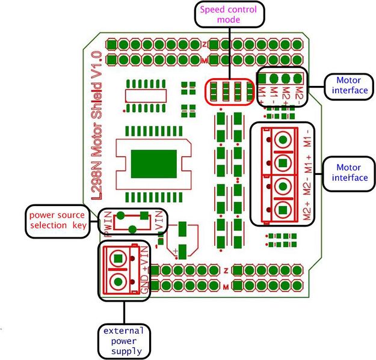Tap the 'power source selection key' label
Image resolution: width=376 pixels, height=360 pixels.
57,221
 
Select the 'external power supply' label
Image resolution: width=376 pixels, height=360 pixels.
124,340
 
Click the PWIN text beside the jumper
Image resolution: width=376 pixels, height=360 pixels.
109,229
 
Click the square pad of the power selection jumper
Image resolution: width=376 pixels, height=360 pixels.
144,215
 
